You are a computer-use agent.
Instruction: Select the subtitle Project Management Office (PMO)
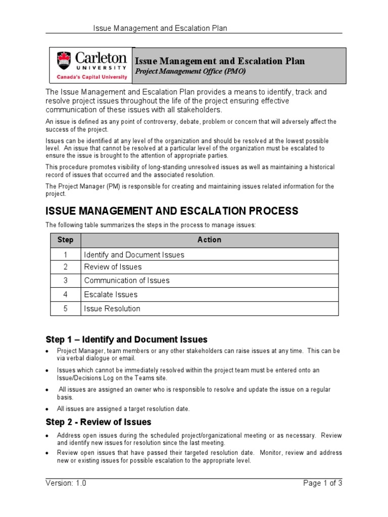pos(189,72)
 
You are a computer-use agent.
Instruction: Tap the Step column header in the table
pos(65,240)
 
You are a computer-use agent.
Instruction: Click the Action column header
pos(209,240)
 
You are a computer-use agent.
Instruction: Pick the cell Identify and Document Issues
pos(134,254)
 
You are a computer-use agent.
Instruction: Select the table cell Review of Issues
pos(113,267)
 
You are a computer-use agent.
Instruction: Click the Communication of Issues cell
pos(127,280)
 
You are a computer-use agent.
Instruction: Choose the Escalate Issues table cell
pos(111,294)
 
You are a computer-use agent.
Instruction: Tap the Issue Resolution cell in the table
pos(112,308)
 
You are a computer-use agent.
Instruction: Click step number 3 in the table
pos(65,280)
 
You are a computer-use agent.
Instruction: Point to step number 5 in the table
pos(65,308)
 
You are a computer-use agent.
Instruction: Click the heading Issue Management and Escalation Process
pos(172,211)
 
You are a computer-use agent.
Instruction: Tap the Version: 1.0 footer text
pos(66,483)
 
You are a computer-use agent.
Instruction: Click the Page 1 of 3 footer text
pos(322,483)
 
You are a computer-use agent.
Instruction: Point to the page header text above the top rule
pos(160,28)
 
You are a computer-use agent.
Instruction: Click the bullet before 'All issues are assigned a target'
pos(47,409)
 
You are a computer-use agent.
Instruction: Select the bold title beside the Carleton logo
pos(219,61)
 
